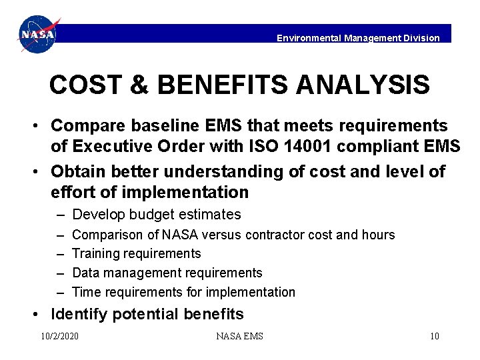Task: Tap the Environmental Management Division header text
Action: pyautogui.click(x=358, y=38)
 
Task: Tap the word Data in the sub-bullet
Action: pyautogui.click(x=85, y=273)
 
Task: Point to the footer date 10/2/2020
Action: pyautogui.click(x=59, y=336)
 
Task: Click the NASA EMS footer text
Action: pyautogui.click(x=240, y=336)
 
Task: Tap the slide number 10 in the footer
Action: pyautogui.click(x=434, y=336)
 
